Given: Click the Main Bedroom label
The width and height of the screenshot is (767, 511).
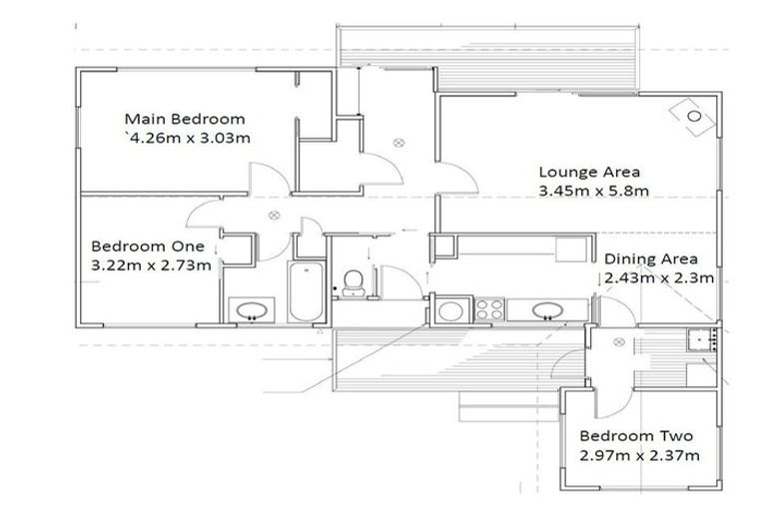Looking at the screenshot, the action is [185, 119].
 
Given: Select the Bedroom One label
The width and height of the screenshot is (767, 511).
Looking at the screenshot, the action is [148, 246].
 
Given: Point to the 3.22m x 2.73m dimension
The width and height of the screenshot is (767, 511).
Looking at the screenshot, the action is [151, 265].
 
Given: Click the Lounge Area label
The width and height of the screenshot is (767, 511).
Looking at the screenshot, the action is [589, 172].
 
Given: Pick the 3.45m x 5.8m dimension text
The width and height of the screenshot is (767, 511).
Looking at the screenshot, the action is [594, 191].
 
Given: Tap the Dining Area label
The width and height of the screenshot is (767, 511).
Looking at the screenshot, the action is [651, 259].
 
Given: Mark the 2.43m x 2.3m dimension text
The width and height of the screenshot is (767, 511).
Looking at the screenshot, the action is [659, 278].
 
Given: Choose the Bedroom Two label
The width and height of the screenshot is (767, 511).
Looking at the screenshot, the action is [636, 436].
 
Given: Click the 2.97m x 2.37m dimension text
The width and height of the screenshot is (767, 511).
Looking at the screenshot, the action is [639, 456].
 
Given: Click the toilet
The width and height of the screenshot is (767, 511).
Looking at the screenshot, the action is [354, 283].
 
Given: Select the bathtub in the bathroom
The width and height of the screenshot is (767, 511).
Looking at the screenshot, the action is [306, 292].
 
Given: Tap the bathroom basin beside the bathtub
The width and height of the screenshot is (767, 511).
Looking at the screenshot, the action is [252, 310].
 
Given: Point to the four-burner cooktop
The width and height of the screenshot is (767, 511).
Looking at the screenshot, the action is [489, 309].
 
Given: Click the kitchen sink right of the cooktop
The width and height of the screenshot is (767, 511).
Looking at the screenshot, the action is [548, 310].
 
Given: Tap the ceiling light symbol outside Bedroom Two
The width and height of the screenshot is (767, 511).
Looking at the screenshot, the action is [619, 342].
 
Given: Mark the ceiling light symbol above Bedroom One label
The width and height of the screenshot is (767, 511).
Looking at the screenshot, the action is [274, 215].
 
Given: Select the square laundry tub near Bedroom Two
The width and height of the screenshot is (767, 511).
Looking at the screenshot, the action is [701, 340].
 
